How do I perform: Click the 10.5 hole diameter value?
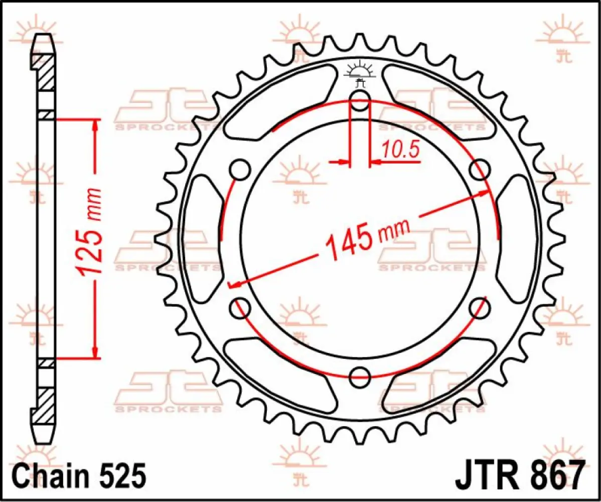tap(400, 150)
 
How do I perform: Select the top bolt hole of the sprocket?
tap(360, 101)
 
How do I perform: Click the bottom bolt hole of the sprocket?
tap(360, 377)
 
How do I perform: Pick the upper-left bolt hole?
tap(240, 170)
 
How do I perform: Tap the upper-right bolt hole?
tap(479, 170)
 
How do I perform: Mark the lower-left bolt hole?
tap(240, 308)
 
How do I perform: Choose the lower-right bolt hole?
tap(479, 308)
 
